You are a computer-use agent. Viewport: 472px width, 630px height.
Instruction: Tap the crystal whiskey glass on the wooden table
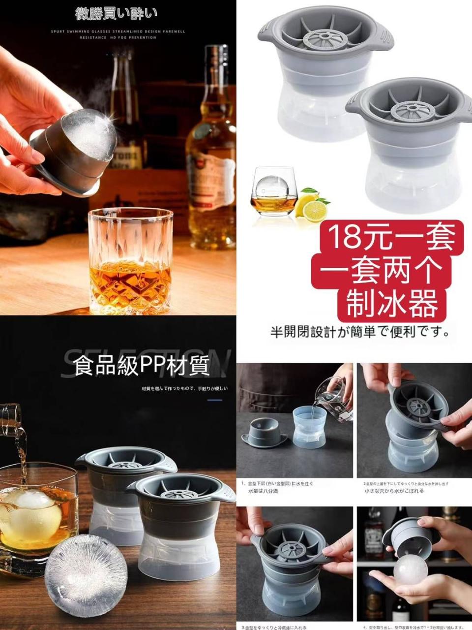click(x=131, y=261)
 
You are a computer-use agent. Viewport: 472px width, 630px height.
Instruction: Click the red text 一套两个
click(x=386, y=270)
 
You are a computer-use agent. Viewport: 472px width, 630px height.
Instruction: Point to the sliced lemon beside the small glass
click(x=314, y=209)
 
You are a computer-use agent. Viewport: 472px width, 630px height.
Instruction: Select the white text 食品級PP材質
click(x=142, y=365)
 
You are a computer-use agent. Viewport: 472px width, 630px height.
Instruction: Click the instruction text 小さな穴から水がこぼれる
click(x=394, y=491)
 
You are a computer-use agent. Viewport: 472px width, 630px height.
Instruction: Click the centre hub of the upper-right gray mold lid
click(x=326, y=37)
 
